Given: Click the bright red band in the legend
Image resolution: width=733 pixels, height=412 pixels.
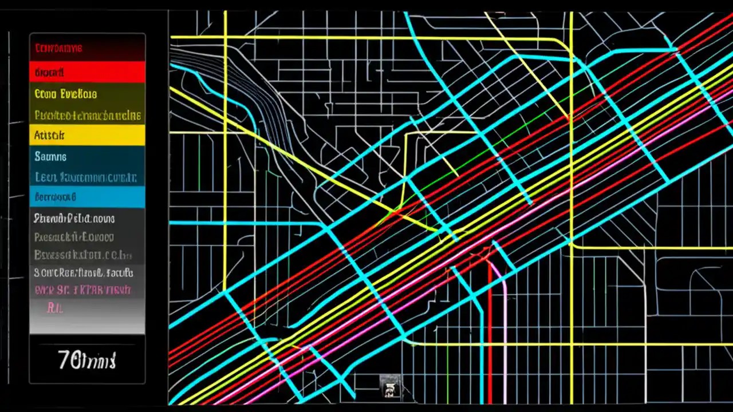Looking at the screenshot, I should tap(87, 72).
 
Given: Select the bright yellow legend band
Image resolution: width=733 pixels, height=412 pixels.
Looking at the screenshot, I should tap(87, 136).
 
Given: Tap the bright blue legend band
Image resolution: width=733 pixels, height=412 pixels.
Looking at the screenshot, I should tap(87, 197).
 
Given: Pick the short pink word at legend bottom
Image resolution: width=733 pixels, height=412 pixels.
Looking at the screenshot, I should tap(55, 308).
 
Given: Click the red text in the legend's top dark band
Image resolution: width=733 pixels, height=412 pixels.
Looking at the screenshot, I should tap(58, 48).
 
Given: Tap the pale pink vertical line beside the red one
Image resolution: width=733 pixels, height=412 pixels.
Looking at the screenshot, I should tap(506, 332).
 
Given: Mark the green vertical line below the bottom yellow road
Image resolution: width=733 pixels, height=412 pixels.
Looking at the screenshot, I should tap(446, 372).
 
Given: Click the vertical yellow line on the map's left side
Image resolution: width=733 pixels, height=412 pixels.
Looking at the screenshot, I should tap(225, 172).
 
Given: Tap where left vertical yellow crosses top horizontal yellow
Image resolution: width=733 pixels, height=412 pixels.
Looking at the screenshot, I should tap(225, 37).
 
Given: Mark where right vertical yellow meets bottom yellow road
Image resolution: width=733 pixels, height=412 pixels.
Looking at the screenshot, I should tap(572, 344).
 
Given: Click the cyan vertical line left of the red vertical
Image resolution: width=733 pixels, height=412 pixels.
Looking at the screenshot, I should tap(481, 343).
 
